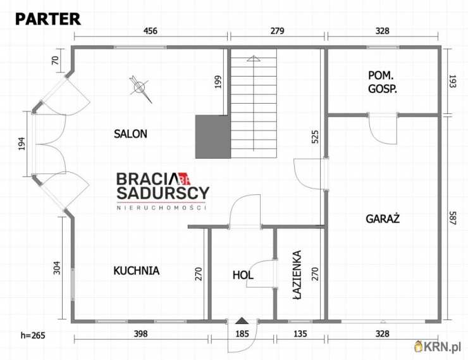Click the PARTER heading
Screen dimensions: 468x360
(48, 19)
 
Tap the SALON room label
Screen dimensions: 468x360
(130, 133)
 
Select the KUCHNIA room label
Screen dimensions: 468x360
(137, 270)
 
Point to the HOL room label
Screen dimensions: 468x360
(243, 275)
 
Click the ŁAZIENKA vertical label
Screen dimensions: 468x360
(297, 275)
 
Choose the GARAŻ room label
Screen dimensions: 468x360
(383, 218)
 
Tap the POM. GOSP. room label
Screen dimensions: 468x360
(383, 82)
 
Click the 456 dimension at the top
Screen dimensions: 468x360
(150, 31)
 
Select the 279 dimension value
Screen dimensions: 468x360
(277, 31)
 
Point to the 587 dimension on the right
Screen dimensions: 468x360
(452, 218)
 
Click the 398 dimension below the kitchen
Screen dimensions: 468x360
(140, 333)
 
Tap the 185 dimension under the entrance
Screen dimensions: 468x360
(242, 333)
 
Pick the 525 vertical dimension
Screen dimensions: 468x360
(315, 137)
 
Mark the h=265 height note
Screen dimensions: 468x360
(33, 335)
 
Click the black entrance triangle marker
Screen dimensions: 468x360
(242, 321)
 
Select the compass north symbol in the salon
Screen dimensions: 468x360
(140, 88)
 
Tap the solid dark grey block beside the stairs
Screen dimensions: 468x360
(213, 137)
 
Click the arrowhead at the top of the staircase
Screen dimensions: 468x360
(254, 58)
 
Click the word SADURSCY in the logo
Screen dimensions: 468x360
(163, 193)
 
